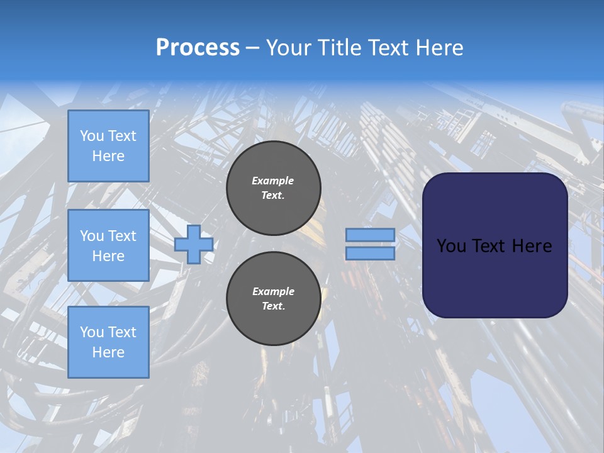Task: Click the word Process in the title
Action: pos(198,48)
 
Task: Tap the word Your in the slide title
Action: pos(287,48)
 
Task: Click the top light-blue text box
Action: pos(108,146)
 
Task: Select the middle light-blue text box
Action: pos(108,245)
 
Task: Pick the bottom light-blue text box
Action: pos(108,342)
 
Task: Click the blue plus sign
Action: pos(193,245)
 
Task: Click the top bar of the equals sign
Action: pos(370,235)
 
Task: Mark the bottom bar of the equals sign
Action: pos(370,254)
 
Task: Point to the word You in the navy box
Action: pos(451,246)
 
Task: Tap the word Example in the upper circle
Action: pos(273,181)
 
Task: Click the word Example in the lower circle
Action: pos(273,291)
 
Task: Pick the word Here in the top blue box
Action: pos(108,156)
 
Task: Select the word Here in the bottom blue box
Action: pos(108,352)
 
